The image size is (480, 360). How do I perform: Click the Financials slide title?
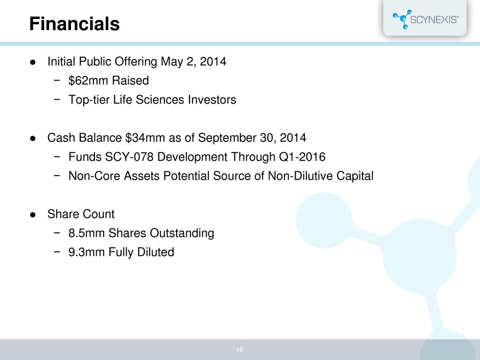75,24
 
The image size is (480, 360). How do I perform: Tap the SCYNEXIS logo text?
434,19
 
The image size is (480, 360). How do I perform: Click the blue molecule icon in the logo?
402,19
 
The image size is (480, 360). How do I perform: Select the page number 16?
239,350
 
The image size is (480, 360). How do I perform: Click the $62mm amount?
88,81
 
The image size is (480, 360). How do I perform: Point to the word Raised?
130,81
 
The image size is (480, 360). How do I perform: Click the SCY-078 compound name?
129,157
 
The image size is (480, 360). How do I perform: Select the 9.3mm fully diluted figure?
86,252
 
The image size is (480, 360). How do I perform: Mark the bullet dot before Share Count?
33,214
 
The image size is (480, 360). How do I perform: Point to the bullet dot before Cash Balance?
33,138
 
